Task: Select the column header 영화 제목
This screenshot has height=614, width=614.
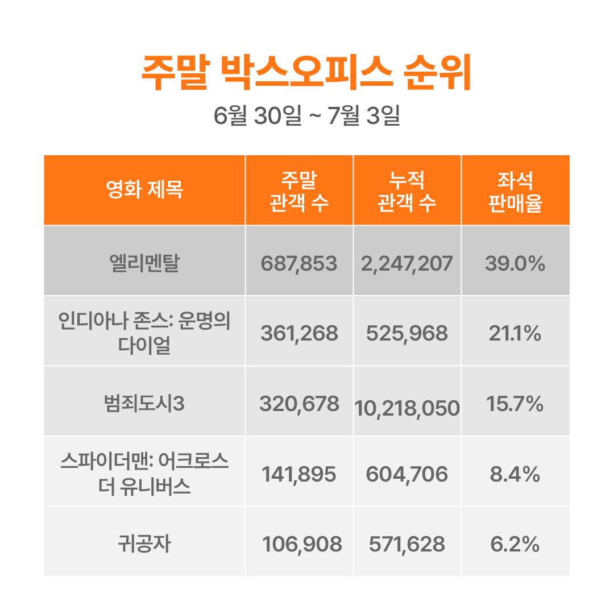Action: (144, 190)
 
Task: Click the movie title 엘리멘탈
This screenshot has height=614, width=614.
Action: (144, 263)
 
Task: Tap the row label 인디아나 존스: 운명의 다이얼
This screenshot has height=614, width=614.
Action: (144, 333)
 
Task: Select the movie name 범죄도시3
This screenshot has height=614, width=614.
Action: (144, 404)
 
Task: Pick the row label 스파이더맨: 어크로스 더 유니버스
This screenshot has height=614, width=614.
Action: (144, 474)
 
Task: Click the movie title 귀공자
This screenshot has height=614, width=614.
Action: (144, 545)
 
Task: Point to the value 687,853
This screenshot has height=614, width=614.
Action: (299, 263)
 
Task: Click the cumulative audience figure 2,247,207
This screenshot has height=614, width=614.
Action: (407, 263)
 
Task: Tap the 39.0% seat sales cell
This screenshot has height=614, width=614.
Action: (515, 263)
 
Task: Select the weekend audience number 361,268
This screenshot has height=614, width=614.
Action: (299, 334)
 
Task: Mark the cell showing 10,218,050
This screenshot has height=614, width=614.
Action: (407, 408)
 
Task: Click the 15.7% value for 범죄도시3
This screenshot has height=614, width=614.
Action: (515, 404)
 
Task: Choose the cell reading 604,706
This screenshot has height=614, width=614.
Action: (407, 474)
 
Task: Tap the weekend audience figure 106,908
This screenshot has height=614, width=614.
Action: (302, 545)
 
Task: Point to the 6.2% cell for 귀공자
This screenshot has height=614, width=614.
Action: (515, 545)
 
